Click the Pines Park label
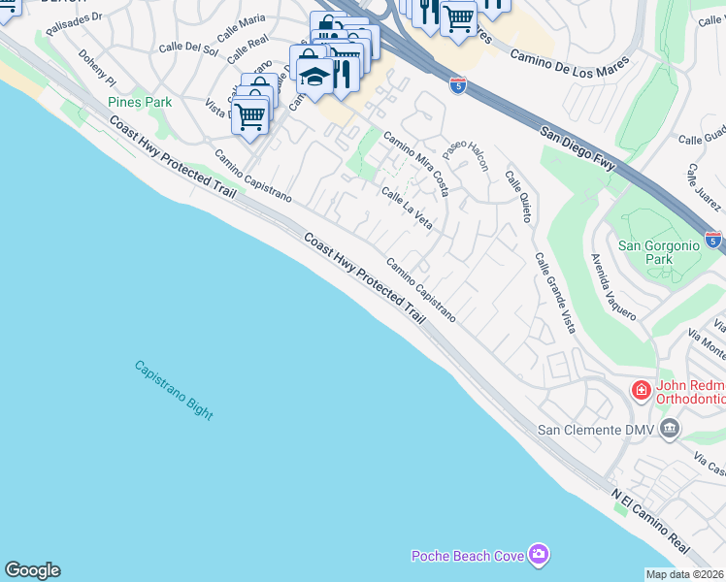click(x=139, y=102)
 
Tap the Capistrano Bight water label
click(x=173, y=389)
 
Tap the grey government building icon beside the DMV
click(x=670, y=429)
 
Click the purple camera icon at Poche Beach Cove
click(x=539, y=555)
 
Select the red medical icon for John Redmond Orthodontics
click(x=641, y=391)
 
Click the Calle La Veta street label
click(x=407, y=209)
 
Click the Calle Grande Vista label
click(x=554, y=294)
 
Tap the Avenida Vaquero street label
click(x=612, y=287)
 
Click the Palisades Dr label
click(x=74, y=24)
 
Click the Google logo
click(x=32, y=570)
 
